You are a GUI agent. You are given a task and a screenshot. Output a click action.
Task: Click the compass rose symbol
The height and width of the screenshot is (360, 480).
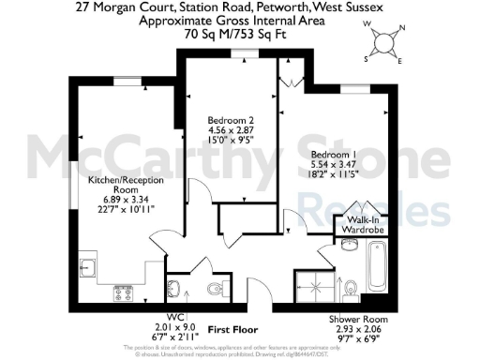tap(383, 42)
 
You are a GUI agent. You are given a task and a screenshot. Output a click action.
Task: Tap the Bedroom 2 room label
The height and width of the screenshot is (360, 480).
tap(231, 121)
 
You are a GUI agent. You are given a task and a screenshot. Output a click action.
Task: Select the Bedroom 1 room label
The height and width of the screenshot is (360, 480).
tap(335, 154)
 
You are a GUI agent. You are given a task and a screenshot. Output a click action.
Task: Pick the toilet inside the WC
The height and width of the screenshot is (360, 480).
tap(173, 287)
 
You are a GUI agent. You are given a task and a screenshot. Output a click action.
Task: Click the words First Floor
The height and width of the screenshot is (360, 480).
tap(232, 330)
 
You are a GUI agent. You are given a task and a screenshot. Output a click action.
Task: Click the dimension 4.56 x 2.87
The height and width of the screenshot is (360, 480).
tap(231, 130)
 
